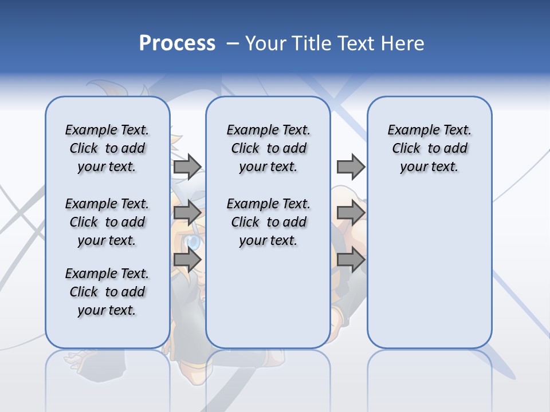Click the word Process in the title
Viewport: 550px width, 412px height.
[x=177, y=43]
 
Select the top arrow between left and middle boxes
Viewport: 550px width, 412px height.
[x=187, y=167]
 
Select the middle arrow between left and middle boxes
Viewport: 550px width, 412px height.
[x=187, y=213]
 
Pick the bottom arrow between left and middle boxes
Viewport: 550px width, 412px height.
[x=187, y=260]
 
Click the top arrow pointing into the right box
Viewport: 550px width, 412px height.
[x=351, y=167]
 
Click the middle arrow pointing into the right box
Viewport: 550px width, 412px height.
[x=351, y=213]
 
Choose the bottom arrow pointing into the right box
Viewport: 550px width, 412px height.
[x=351, y=260]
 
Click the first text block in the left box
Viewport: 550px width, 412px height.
[x=107, y=148]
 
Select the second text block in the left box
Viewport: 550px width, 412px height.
[x=107, y=222]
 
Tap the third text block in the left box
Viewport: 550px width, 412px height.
[x=107, y=292]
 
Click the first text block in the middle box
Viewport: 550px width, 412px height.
[x=268, y=148]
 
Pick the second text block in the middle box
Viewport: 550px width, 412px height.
[x=268, y=222]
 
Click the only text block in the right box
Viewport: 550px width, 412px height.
[x=429, y=148]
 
